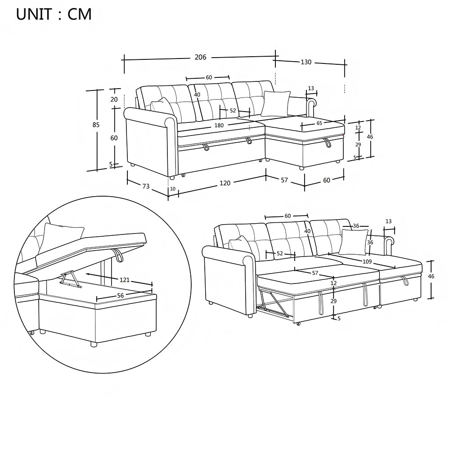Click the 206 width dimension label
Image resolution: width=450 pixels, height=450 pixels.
click(x=200, y=57)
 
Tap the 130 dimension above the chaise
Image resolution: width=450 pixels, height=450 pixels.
click(x=306, y=62)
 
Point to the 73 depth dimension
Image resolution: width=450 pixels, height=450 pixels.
click(x=146, y=186)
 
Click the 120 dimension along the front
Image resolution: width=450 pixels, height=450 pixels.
click(x=225, y=183)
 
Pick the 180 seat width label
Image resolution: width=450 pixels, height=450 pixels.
click(x=219, y=125)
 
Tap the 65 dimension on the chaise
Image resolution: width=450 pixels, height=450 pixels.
click(x=319, y=122)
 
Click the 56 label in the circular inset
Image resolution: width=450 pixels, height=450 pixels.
click(x=121, y=295)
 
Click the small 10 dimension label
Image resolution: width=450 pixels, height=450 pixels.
click(x=173, y=189)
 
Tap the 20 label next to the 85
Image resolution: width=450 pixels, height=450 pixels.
click(x=114, y=99)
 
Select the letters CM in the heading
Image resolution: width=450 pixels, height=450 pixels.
click(x=80, y=14)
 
